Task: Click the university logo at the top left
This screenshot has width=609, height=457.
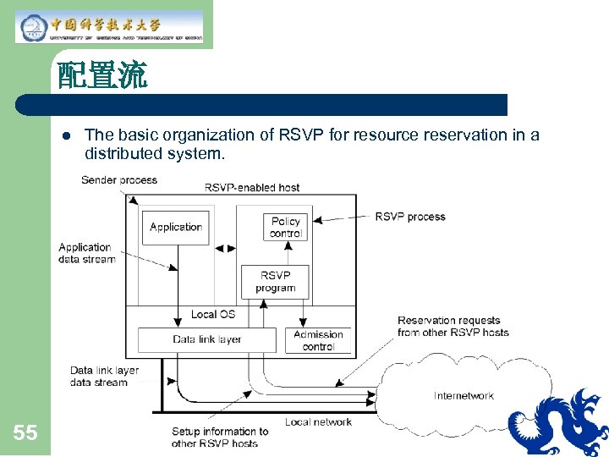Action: pyautogui.click(x=110, y=26)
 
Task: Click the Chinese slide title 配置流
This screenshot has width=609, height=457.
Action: pyautogui.click(x=102, y=77)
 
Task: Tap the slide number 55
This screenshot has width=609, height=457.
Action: pyautogui.click(x=25, y=433)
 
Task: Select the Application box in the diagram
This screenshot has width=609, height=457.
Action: pyautogui.click(x=175, y=228)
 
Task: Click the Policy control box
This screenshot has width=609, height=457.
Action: pyautogui.click(x=285, y=227)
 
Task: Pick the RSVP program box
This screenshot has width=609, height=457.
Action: pyautogui.click(x=275, y=282)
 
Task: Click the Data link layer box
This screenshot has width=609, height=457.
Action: pyautogui.click(x=207, y=339)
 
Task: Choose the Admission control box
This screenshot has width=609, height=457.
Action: pyautogui.click(x=318, y=340)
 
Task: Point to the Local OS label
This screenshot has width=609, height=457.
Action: pyautogui.click(x=212, y=315)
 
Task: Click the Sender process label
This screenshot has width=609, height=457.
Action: pyautogui.click(x=119, y=180)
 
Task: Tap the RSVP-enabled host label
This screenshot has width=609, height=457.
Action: pyautogui.click(x=252, y=187)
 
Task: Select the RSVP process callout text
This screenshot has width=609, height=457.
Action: pyautogui.click(x=410, y=217)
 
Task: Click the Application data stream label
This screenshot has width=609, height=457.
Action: pyautogui.click(x=85, y=253)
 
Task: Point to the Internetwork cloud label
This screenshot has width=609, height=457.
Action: pyautogui.click(x=464, y=396)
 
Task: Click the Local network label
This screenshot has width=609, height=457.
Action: pyautogui.click(x=318, y=422)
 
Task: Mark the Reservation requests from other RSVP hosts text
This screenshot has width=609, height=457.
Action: pyautogui.click(x=453, y=326)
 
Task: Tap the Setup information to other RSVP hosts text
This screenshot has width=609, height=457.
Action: pyautogui.click(x=219, y=437)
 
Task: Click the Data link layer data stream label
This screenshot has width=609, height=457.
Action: pyautogui.click(x=103, y=377)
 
